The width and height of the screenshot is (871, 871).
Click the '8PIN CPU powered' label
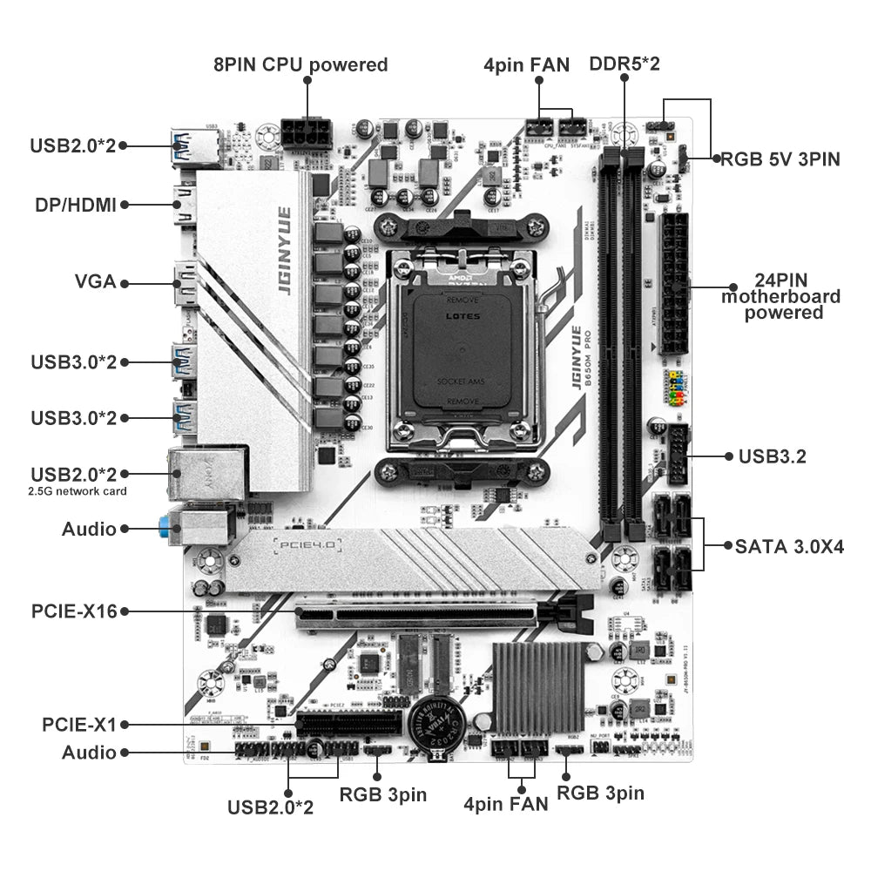click(x=300, y=64)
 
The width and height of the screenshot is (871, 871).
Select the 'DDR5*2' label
click(x=625, y=64)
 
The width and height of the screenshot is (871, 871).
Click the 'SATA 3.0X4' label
click(x=789, y=546)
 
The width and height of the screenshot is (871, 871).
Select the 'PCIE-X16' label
click(x=74, y=611)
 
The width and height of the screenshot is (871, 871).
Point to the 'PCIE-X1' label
click(x=79, y=724)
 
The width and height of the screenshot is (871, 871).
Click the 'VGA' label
click(x=95, y=283)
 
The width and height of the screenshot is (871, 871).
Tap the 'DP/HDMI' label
click(x=77, y=205)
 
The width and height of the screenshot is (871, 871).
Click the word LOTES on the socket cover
click(x=463, y=317)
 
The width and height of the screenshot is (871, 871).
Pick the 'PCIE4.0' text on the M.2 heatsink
click(x=309, y=546)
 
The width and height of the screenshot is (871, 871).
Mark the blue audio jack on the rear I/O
click(x=165, y=526)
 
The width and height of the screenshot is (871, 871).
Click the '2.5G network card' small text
click(x=78, y=491)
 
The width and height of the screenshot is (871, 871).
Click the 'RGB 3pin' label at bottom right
click(x=600, y=793)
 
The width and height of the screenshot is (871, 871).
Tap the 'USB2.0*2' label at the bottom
click(x=270, y=807)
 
